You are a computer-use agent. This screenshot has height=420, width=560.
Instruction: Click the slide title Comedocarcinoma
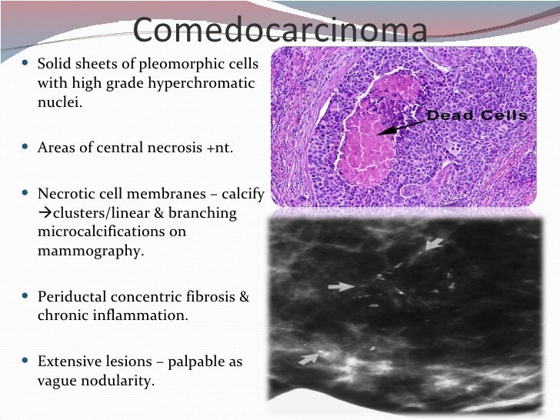pyautogui.click(x=279, y=31)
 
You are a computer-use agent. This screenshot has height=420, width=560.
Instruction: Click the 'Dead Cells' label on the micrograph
pyautogui.click(x=477, y=116)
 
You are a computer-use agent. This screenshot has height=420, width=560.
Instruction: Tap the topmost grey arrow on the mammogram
pyautogui.click(x=435, y=244)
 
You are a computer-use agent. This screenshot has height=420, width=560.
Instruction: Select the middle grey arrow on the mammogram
pyautogui.click(x=341, y=286)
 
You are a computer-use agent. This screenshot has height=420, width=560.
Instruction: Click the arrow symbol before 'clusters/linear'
pyautogui.click(x=43, y=213)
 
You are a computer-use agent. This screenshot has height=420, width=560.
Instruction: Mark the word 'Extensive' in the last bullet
pyautogui.click(x=68, y=361)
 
